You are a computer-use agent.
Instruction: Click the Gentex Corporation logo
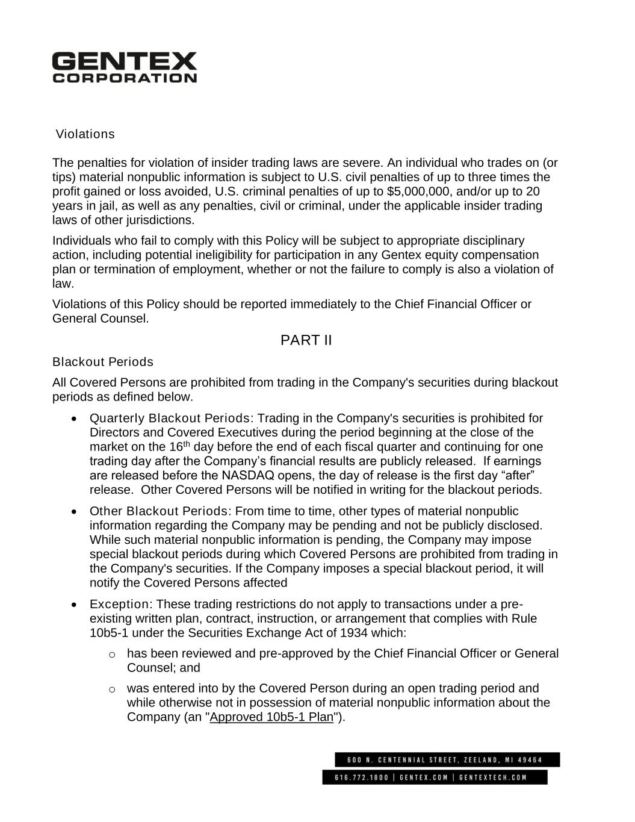click(x=124, y=67)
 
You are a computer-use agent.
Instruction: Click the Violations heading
click(x=85, y=134)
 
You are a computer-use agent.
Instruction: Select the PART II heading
click(x=306, y=341)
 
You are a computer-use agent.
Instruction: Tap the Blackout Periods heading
click(x=103, y=362)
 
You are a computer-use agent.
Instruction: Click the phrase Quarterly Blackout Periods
click(x=170, y=419)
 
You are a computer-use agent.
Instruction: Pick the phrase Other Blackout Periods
click(x=159, y=511)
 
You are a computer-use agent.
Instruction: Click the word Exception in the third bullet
click(x=119, y=604)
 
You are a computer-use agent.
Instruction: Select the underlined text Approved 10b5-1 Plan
click(x=271, y=717)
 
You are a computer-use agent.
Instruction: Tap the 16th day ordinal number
click(x=178, y=447)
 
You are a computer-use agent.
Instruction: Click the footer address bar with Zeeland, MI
click(x=447, y=759)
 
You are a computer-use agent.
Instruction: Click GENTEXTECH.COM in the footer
click(x=492, y=777)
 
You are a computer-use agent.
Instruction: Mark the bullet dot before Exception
click(x=73, y=605)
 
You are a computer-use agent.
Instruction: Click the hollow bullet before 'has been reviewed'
click(x=111, y=654)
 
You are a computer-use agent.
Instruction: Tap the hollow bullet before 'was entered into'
click(x=111, y=689)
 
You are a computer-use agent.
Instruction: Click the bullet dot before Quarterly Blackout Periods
click(x=73, y=419)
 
